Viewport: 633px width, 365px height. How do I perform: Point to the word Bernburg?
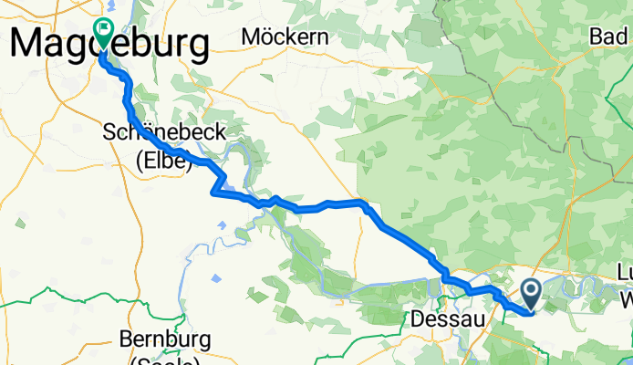(165, 339)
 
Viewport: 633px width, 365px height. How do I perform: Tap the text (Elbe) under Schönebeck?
(164, 162)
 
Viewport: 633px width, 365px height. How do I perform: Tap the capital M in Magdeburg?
(29, 42)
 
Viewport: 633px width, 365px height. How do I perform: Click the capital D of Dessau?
(420, 319)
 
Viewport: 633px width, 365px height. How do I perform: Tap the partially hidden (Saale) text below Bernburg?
(166, 360)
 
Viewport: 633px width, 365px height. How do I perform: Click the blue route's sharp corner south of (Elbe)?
(213, 192)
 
